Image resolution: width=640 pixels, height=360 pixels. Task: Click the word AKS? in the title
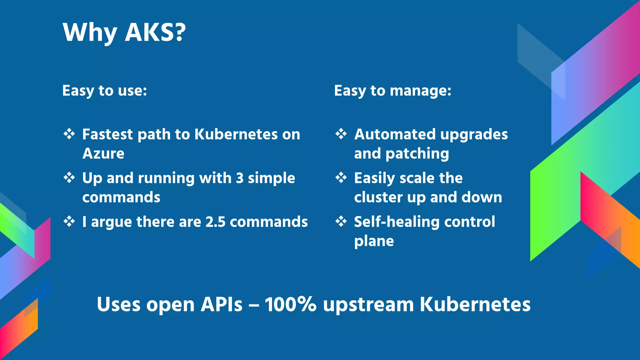(155, 32)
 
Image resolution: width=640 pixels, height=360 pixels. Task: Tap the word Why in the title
(90, 33)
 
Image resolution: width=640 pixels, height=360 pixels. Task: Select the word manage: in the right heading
(421, 91)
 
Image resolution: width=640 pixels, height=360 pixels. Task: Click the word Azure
(103, 153)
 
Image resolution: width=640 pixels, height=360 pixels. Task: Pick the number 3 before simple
(240, 178)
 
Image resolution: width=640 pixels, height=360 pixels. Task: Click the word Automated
(395, 134)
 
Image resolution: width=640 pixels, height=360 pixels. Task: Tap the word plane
(374, 241)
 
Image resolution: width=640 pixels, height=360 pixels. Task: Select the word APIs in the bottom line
(221, 304)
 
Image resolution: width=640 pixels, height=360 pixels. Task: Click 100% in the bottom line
(291, 304)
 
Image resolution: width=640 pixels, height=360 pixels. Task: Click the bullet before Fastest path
(69, 134)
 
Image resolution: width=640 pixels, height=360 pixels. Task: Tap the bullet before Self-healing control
(341, 222)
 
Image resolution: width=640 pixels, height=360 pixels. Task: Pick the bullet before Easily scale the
(341, 178)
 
